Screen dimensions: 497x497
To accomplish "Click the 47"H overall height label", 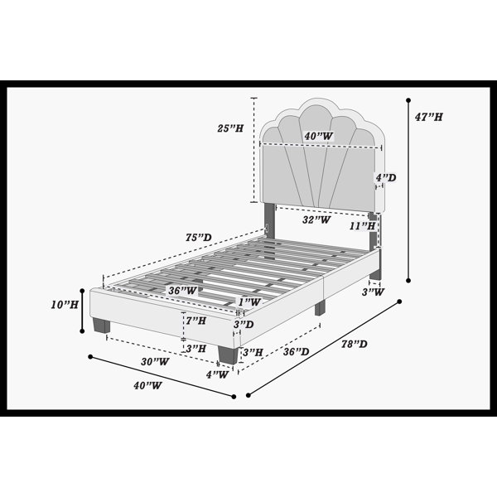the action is coord(428,117).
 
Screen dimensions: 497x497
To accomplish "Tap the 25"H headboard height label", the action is coord(230,128).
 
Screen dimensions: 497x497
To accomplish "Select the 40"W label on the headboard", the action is coord(319,137).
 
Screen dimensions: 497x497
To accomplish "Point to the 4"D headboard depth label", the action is coord(386,177).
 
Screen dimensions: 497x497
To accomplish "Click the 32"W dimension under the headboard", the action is coord(316,220).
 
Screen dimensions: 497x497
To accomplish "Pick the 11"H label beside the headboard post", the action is coord(363,226).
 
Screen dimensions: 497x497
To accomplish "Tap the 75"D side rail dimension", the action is coord(199,238).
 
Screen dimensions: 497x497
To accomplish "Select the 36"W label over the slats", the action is coord(182,291).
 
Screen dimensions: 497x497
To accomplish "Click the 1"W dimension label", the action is coord(250,302).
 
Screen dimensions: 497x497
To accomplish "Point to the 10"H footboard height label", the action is coord(65,305).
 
